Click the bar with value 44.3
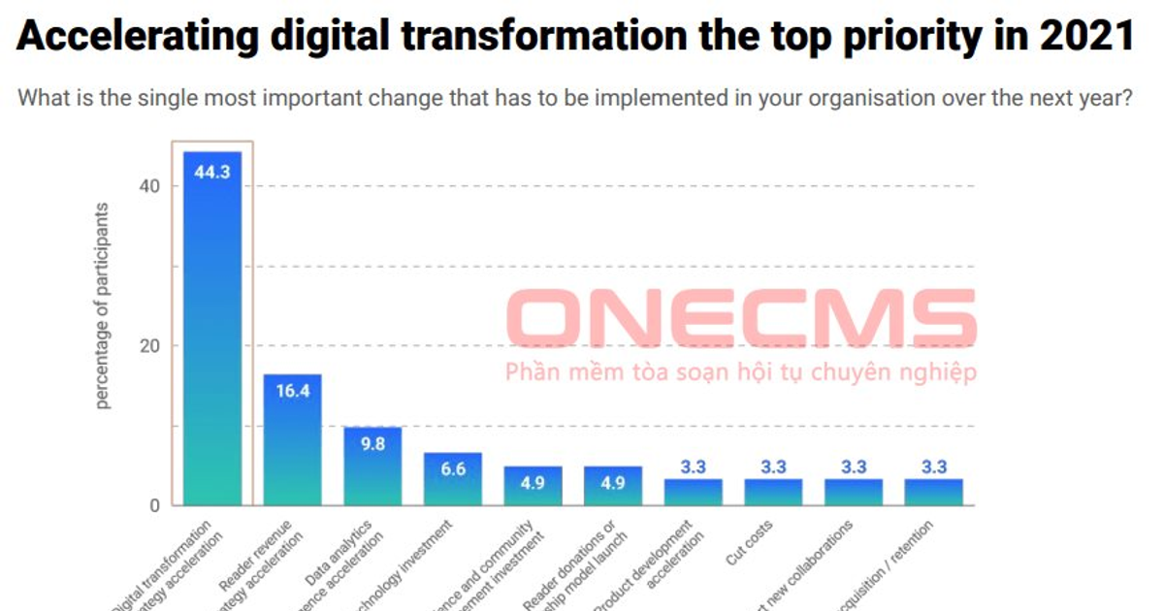coord(212,330)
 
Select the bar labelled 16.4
coord(293,441)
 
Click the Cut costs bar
coord(773,493)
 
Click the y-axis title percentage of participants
coord(104,305)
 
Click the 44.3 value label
coord(212,173)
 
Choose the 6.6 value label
coord(453,469)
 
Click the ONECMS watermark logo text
coord(741,317)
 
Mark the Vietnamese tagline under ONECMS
coord(740,372)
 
